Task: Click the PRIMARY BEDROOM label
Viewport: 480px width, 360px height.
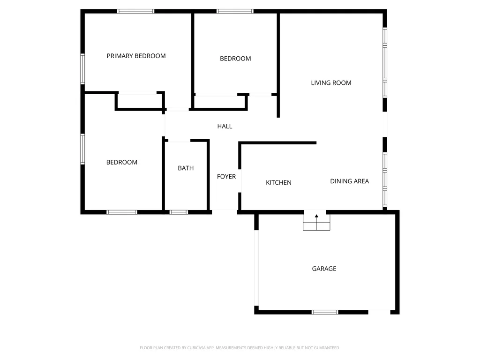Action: point(136,56)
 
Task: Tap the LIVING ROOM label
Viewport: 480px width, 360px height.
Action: point(331,83)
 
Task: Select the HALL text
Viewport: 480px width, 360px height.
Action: point(225,126)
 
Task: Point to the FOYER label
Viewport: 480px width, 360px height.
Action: point(226,177)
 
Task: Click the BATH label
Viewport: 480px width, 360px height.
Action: point(186,168)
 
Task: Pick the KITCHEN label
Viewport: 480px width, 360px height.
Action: point(278,182)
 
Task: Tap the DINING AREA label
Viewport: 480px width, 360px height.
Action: point(350,181)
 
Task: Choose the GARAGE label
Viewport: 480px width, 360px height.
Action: point(324,269)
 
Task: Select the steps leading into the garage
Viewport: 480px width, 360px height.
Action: point(316,221)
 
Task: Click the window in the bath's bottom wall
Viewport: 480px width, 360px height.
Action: point(179,212)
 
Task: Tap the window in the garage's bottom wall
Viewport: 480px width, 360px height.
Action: point(325,312)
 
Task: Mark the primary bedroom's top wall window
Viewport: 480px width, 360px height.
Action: point(135,11)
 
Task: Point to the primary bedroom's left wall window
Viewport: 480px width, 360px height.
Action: point(82,69)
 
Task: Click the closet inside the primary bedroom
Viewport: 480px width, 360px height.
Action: point(140,100)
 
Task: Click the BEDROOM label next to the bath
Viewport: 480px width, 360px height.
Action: point(122,162)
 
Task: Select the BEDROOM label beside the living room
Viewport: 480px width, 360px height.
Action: point(235,59)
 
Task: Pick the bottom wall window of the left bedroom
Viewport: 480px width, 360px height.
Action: point(122,212)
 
